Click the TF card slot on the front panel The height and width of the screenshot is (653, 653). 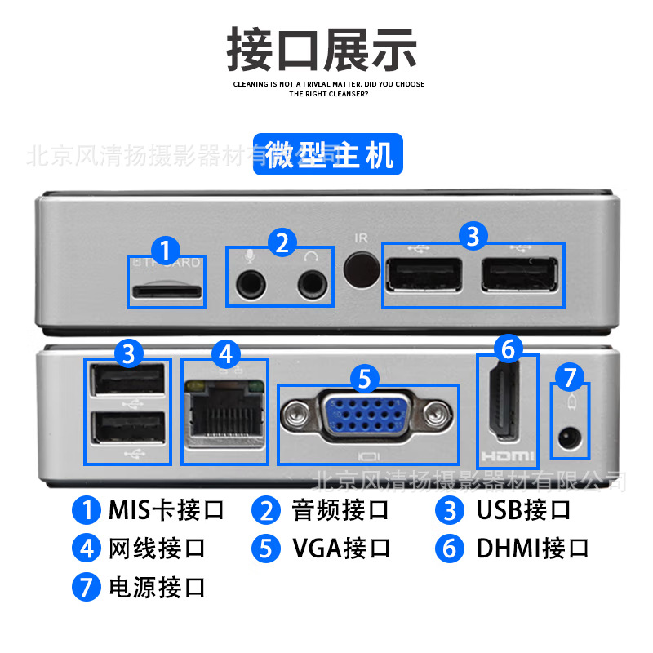(x=167, y=291)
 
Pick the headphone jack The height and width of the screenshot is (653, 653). (x=311, y=284)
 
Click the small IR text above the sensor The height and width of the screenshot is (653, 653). (x=362, y=238)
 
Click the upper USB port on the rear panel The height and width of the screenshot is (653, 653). (x=128, y=380)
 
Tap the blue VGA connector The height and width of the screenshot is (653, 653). (x=366, y=415)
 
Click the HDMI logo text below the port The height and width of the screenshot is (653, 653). (x=506, y=455)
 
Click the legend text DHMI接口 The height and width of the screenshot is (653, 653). (x=532, y=549)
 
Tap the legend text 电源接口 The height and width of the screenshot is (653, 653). (x=157, y=587)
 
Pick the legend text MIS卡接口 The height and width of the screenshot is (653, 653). (x=166, y=510)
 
